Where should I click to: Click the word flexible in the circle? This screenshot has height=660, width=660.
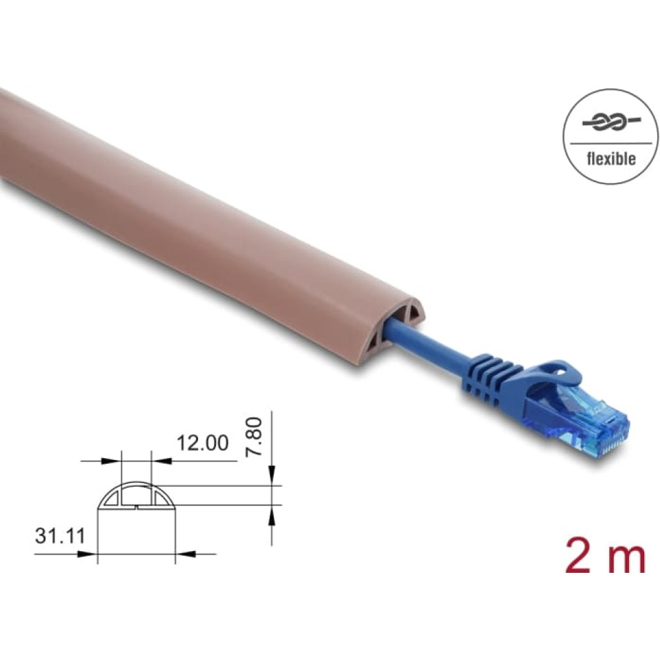(610, 158)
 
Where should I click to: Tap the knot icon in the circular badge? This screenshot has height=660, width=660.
(611, 123)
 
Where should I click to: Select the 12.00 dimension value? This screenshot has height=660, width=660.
(203, 443)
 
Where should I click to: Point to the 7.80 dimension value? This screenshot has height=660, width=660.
(254, 436)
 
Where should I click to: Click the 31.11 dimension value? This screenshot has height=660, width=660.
(60, 536)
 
